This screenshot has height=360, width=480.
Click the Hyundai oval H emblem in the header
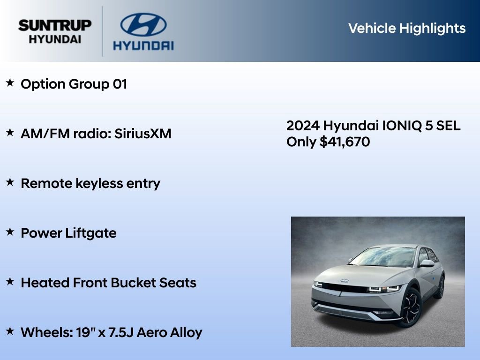143,24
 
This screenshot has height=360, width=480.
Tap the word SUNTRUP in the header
55,25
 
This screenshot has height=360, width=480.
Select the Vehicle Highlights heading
407,28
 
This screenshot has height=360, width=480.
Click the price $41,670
345,142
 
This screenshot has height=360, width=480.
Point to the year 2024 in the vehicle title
303,126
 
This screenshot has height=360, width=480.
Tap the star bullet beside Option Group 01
10,83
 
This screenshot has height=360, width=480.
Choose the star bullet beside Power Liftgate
10,232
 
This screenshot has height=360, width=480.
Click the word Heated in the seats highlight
45,283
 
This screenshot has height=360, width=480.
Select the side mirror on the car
427,263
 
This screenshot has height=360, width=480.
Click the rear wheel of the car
440,286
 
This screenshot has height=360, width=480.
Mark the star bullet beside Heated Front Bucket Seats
10,282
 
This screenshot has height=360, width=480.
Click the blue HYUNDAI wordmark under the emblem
143,45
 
